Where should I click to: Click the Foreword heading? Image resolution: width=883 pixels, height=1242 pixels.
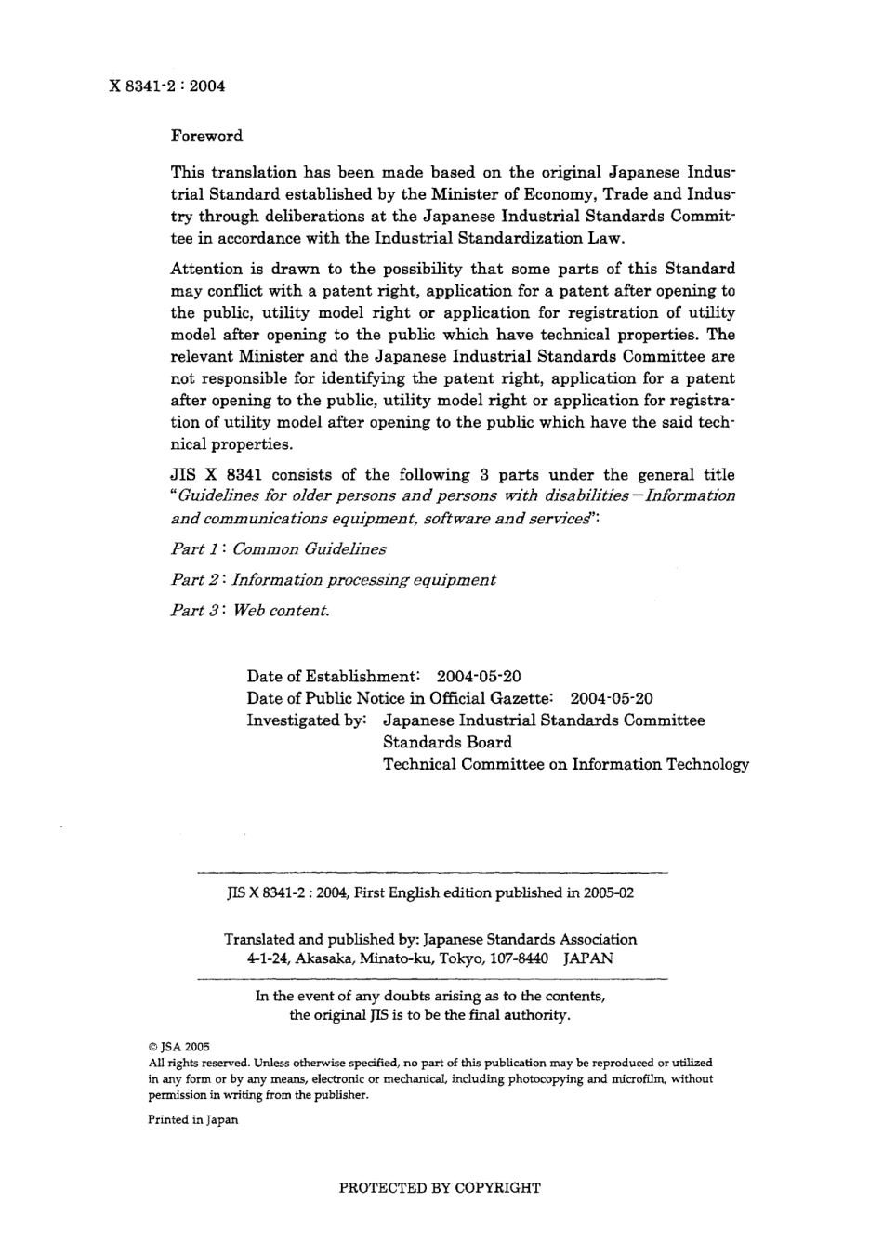pyautogui.click(x=206, y=136)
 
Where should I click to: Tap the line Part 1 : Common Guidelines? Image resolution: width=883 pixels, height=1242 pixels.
pyautogui.click(x=278, y=548)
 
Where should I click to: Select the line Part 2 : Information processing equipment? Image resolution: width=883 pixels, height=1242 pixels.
pyautogui.click(x=333, y=579)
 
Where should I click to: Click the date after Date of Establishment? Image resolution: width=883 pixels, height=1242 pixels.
pyautogui.click(x=479, y=676)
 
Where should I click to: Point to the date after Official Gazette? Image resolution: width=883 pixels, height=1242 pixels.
pyautogui.click(x=611, y=698)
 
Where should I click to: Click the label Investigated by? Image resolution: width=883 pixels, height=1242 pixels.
pyautogui.click(x=309, y=720)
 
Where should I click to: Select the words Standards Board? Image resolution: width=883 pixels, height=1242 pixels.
pyautogui.click(x=447, y=742)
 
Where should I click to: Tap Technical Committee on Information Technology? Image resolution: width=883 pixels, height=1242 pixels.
pyautogui.click(x=565, y=764)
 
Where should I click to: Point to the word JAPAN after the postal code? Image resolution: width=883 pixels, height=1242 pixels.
pyautogui.click(x=587, y=958)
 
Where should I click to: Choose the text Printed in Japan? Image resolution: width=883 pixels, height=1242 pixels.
pyautogui.click(x=192, y=1119)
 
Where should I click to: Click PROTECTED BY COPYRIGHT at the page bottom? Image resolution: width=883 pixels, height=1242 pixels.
pyautogui.click(x=440, y=1187)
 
